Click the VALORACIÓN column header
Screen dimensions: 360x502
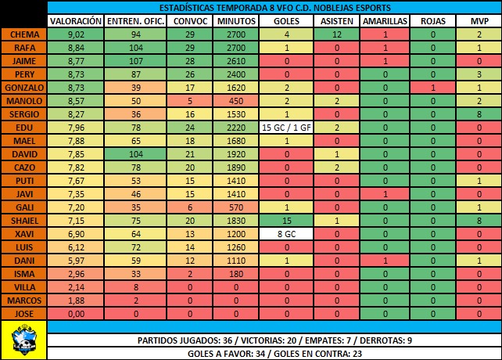coord(75,21)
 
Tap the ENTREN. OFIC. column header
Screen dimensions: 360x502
coord(134,21)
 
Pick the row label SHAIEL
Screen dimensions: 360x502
coord(23,221)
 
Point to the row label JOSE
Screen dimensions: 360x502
coord(23,313)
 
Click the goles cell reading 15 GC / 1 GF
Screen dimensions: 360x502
coord(287,128)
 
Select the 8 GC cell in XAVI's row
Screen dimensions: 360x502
coord(287,235)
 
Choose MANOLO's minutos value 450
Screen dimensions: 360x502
coord(236,101)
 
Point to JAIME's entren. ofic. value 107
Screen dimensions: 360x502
coord(134,60)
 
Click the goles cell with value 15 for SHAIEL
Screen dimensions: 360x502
coord(287,221)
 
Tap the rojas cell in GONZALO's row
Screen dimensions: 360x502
coord(433,88)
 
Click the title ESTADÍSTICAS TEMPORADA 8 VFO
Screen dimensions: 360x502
coord(274,7)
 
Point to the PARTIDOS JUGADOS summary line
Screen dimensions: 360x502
coord(274,340)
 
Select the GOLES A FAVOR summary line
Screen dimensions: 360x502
coord(274,354)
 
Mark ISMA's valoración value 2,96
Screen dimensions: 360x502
coord(75,273)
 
